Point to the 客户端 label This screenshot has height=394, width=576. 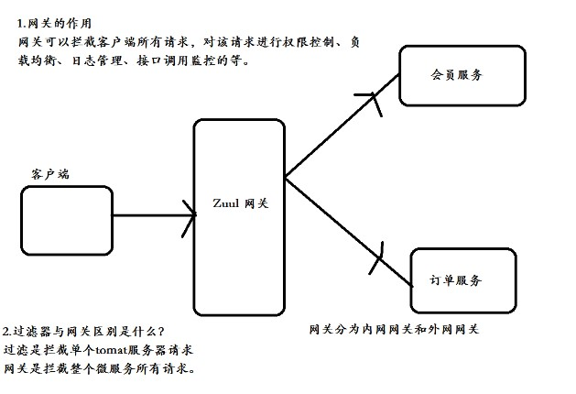[x=49, y=173]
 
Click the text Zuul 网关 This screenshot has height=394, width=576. [x=240, y=202]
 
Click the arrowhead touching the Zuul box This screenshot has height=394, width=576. [x=190, y=216]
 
